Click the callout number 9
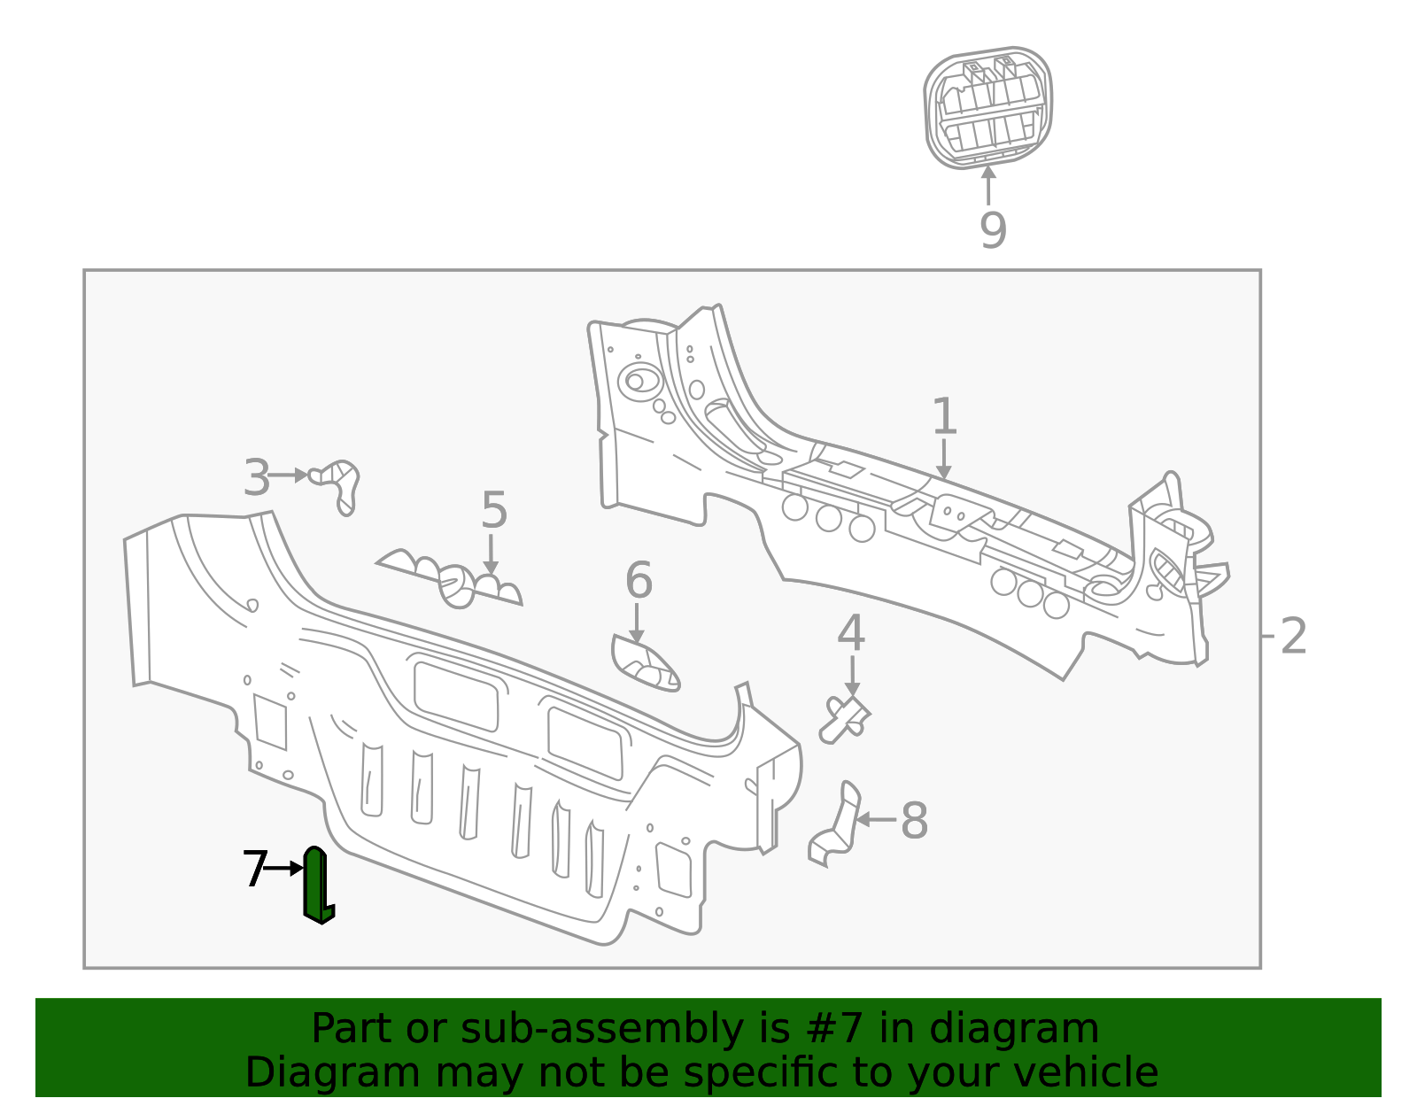[993, 231]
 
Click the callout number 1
[944, 417]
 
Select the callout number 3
[256, 479]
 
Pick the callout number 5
[493, 512]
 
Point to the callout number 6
[638, 582]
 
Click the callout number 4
[850, 633]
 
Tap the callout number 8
[914, 821]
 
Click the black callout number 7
[254, 870]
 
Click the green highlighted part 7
[316, 886]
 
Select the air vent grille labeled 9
[988, 108]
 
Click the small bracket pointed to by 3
[337, 483]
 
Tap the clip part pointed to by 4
[845, 718]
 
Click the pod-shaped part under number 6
[645, 664]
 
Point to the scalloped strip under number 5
[452, 580]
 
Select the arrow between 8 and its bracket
[876, 820]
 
